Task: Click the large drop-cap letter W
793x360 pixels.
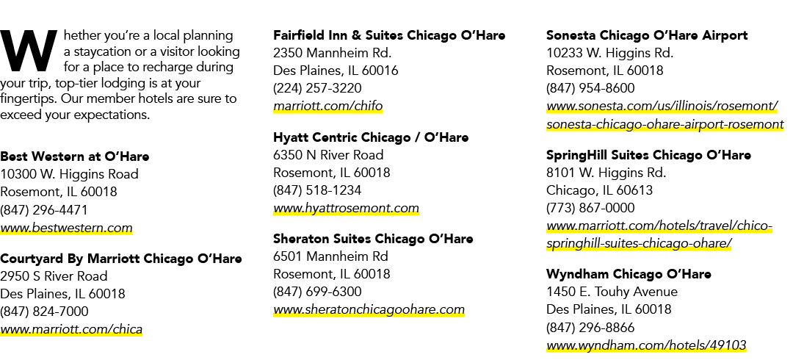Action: pos(29,51)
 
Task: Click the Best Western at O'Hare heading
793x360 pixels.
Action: pos(75,156)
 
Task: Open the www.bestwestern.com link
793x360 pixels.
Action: pos(66,228)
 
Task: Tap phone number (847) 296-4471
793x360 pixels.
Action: pos(44,210)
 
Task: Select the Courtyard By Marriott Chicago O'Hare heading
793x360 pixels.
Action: pos(121,259)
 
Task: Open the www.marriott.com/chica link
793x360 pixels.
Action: pos(71,330)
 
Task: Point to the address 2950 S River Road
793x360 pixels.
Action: pos(54,276)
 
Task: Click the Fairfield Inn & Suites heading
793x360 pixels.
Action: pos(389,35)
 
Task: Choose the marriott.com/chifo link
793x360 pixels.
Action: pos(327,107)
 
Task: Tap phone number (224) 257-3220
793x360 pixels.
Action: pos(318,88)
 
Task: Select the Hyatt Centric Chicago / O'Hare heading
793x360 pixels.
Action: pos(372,137)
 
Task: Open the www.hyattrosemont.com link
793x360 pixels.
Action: pos(346,208)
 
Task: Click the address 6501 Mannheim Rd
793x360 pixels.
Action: pos(330,256)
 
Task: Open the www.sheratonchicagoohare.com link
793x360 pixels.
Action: pos(369,309)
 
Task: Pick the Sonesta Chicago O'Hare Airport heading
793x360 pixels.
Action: pos(647,35)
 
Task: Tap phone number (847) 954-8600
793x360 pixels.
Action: pos(590,88)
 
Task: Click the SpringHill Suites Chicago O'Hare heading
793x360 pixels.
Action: pos(649,155)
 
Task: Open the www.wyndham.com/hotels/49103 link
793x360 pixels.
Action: pos(646,346)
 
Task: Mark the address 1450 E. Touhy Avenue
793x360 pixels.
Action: pos(612,292)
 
